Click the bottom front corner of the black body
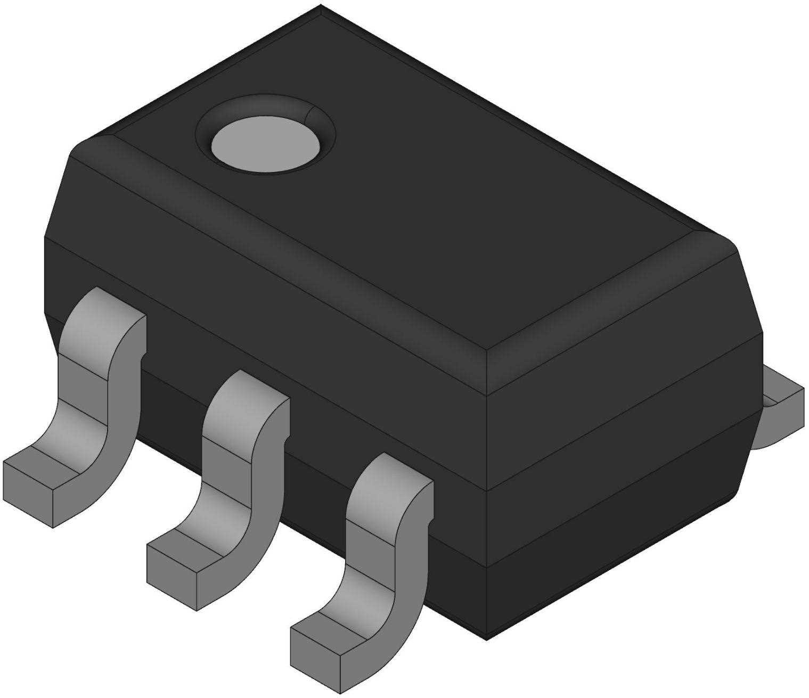(487, 636)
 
